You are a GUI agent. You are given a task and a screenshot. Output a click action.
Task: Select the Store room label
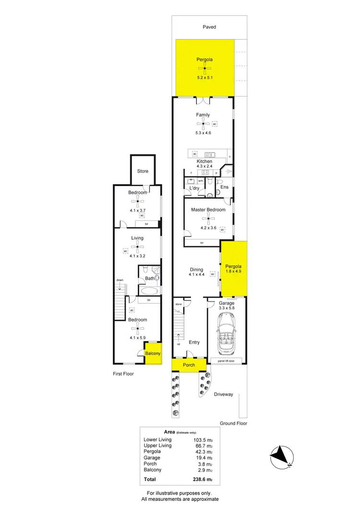coord(143,171)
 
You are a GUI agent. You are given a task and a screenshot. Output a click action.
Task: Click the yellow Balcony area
coord(153,354)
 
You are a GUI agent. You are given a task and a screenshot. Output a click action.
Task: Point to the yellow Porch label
coord(189,365)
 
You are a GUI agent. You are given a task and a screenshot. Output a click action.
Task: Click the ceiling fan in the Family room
coord(205,124)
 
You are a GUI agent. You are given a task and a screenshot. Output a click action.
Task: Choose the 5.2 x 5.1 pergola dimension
coord(205,77)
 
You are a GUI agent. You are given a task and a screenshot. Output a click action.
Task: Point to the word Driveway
coord(223,394)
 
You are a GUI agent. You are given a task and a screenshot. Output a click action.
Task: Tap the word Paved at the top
coord(209,27)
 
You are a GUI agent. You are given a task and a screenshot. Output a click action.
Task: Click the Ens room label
coord(225,187)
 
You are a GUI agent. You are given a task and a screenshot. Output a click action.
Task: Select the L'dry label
coord(194,189)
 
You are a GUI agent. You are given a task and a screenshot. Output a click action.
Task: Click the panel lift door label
coord(228,360)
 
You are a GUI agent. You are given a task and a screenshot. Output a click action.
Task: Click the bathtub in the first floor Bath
coord(148,291)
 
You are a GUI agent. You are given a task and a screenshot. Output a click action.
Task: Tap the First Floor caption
coord(123,374)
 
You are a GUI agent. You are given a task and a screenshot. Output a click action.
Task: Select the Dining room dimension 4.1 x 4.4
coord(197,275)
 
